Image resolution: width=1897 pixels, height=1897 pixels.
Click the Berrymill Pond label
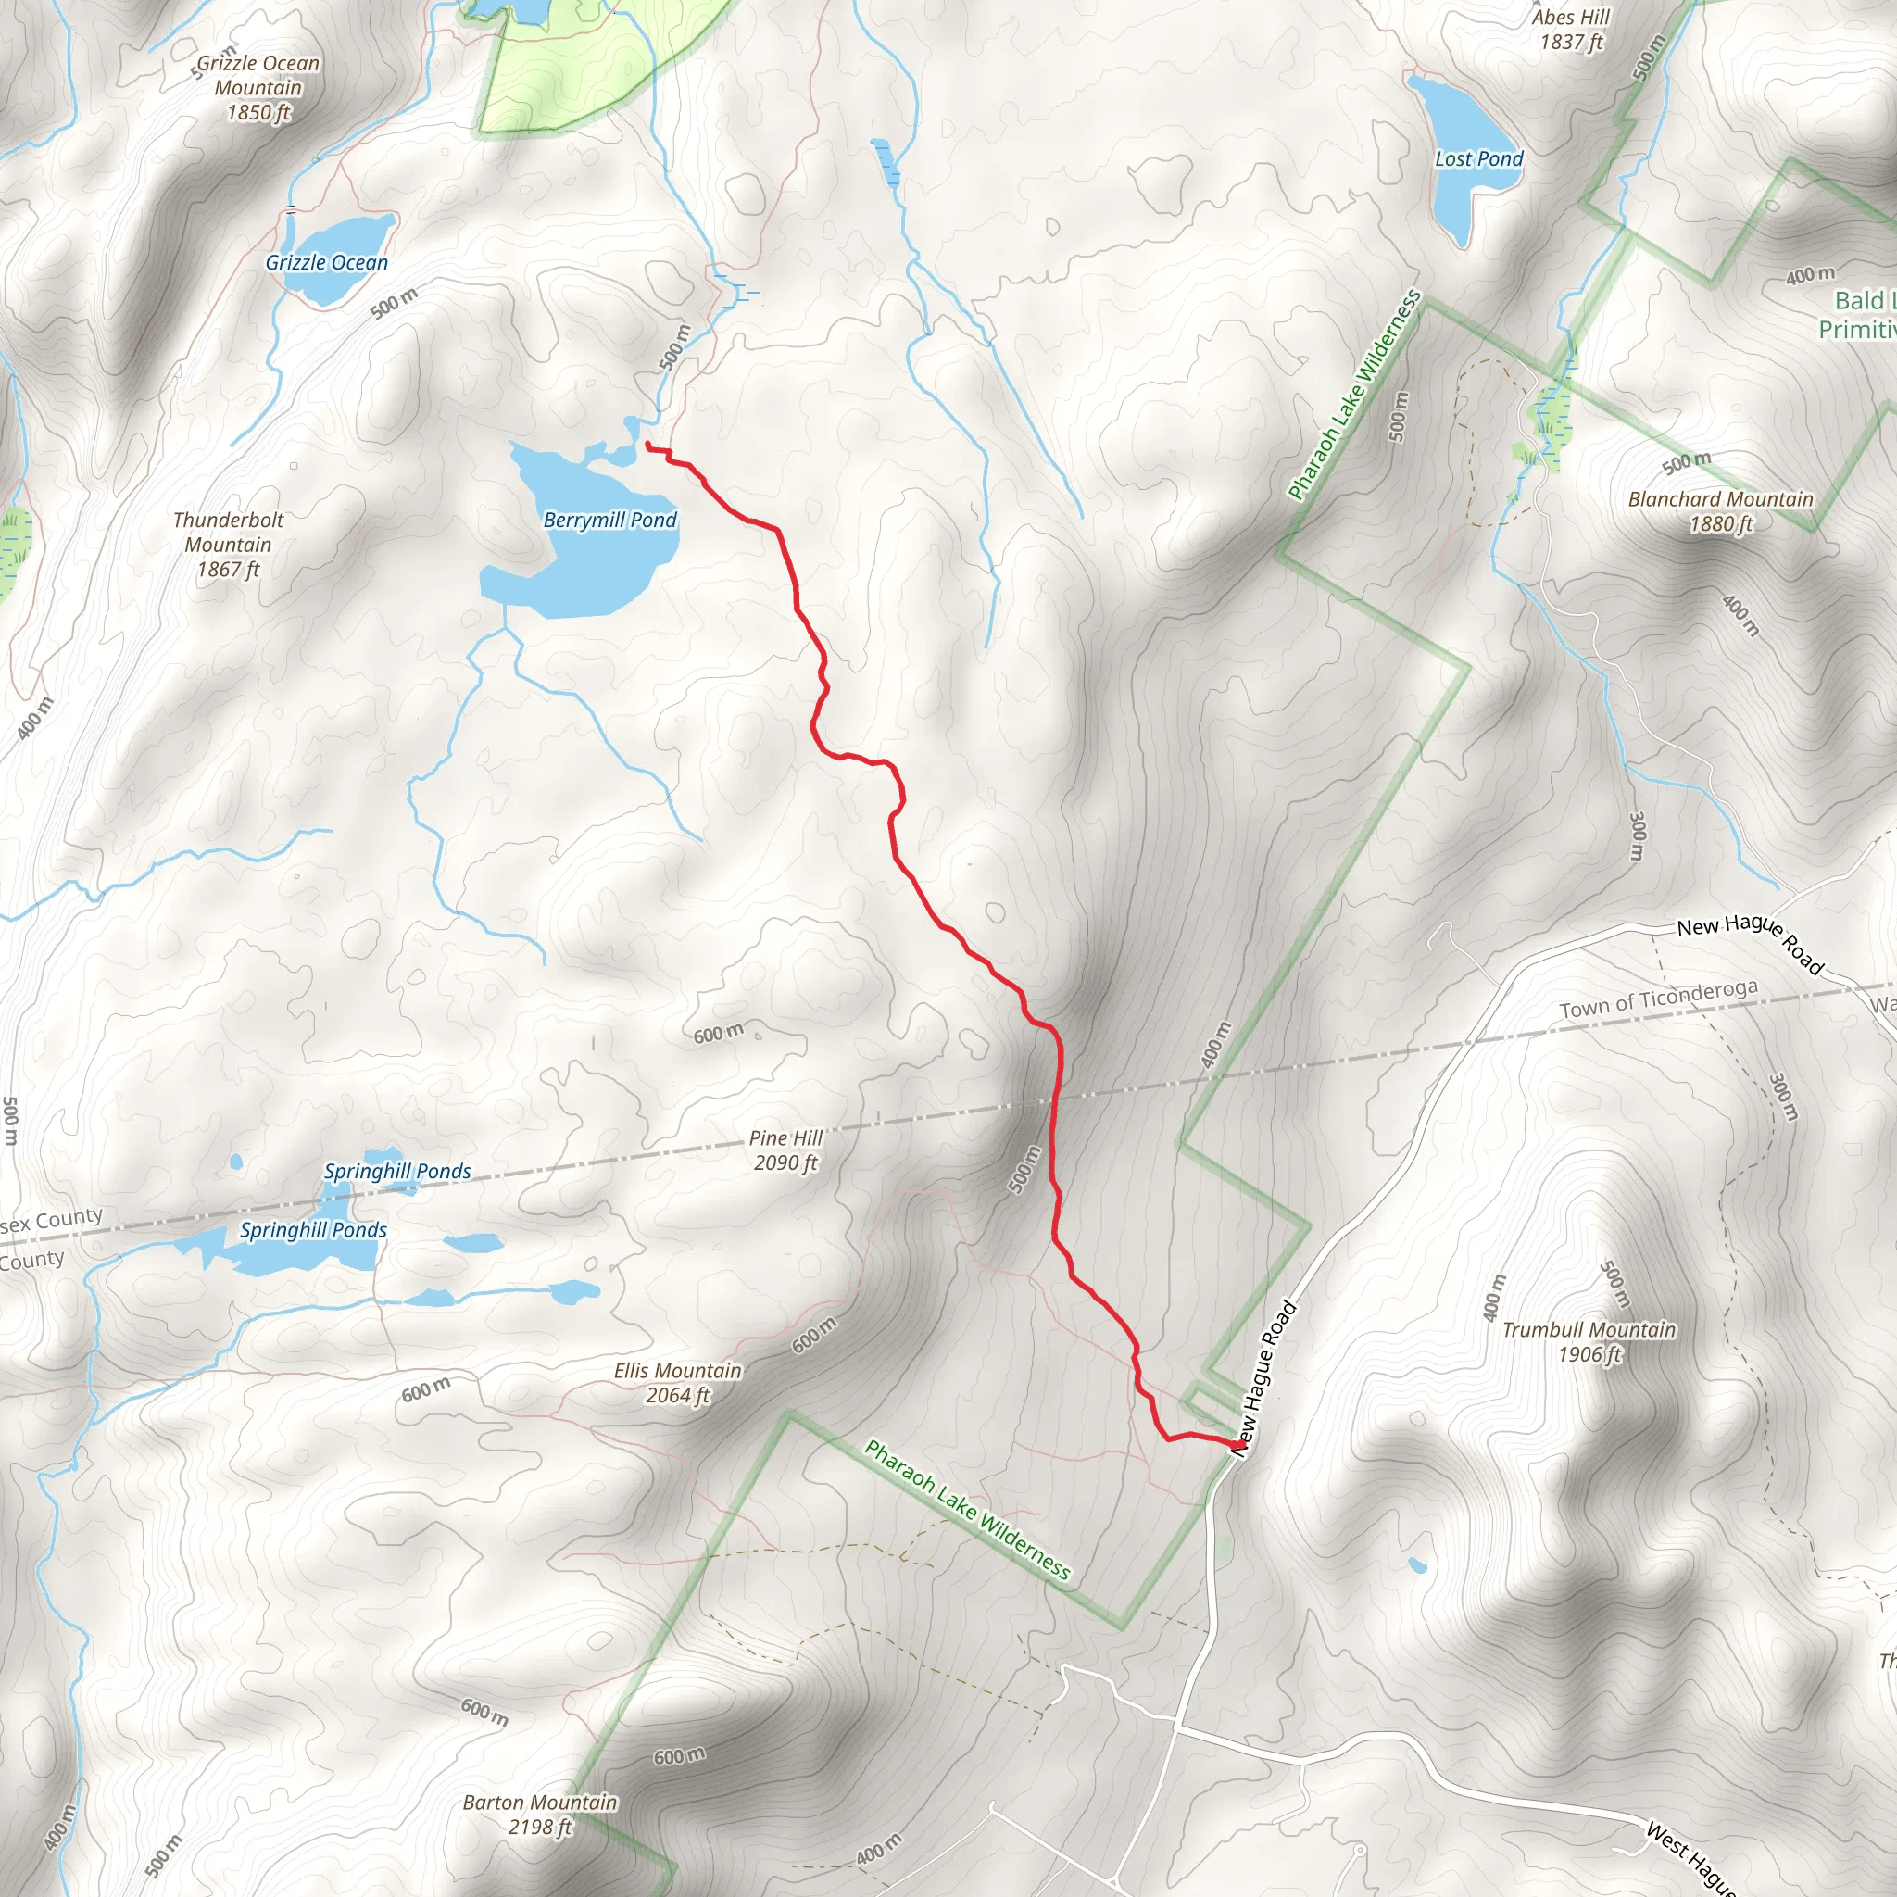point(609,520)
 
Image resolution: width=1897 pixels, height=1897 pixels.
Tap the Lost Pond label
point(1477,159)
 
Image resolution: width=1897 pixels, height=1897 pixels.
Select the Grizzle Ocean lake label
point(326,263)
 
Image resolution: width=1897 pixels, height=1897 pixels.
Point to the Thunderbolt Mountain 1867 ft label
point(228,544)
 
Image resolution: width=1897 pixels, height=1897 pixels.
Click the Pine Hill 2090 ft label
point(785,1150)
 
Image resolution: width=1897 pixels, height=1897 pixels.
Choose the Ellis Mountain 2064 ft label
point(677,1383)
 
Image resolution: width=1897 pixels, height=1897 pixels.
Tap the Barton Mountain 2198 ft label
point(540,1815)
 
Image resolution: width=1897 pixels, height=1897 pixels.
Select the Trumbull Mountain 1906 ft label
point(1589,1341)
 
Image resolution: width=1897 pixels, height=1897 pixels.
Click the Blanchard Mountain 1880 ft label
point(1720,510)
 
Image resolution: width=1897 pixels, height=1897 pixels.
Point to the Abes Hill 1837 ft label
point(1571,30)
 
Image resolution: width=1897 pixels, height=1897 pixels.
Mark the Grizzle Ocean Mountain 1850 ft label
point(258,87)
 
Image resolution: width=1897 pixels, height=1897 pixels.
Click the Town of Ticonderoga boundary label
point(1658,999)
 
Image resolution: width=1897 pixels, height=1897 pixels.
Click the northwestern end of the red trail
point(648,445)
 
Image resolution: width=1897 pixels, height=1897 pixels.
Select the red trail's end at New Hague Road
point(1233,1442)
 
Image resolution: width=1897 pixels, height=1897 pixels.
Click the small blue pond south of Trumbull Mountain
point(1417,1565)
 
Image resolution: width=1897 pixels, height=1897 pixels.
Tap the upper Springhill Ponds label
point(396,1172)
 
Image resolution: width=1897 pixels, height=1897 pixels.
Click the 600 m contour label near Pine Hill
point(718,1034)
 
